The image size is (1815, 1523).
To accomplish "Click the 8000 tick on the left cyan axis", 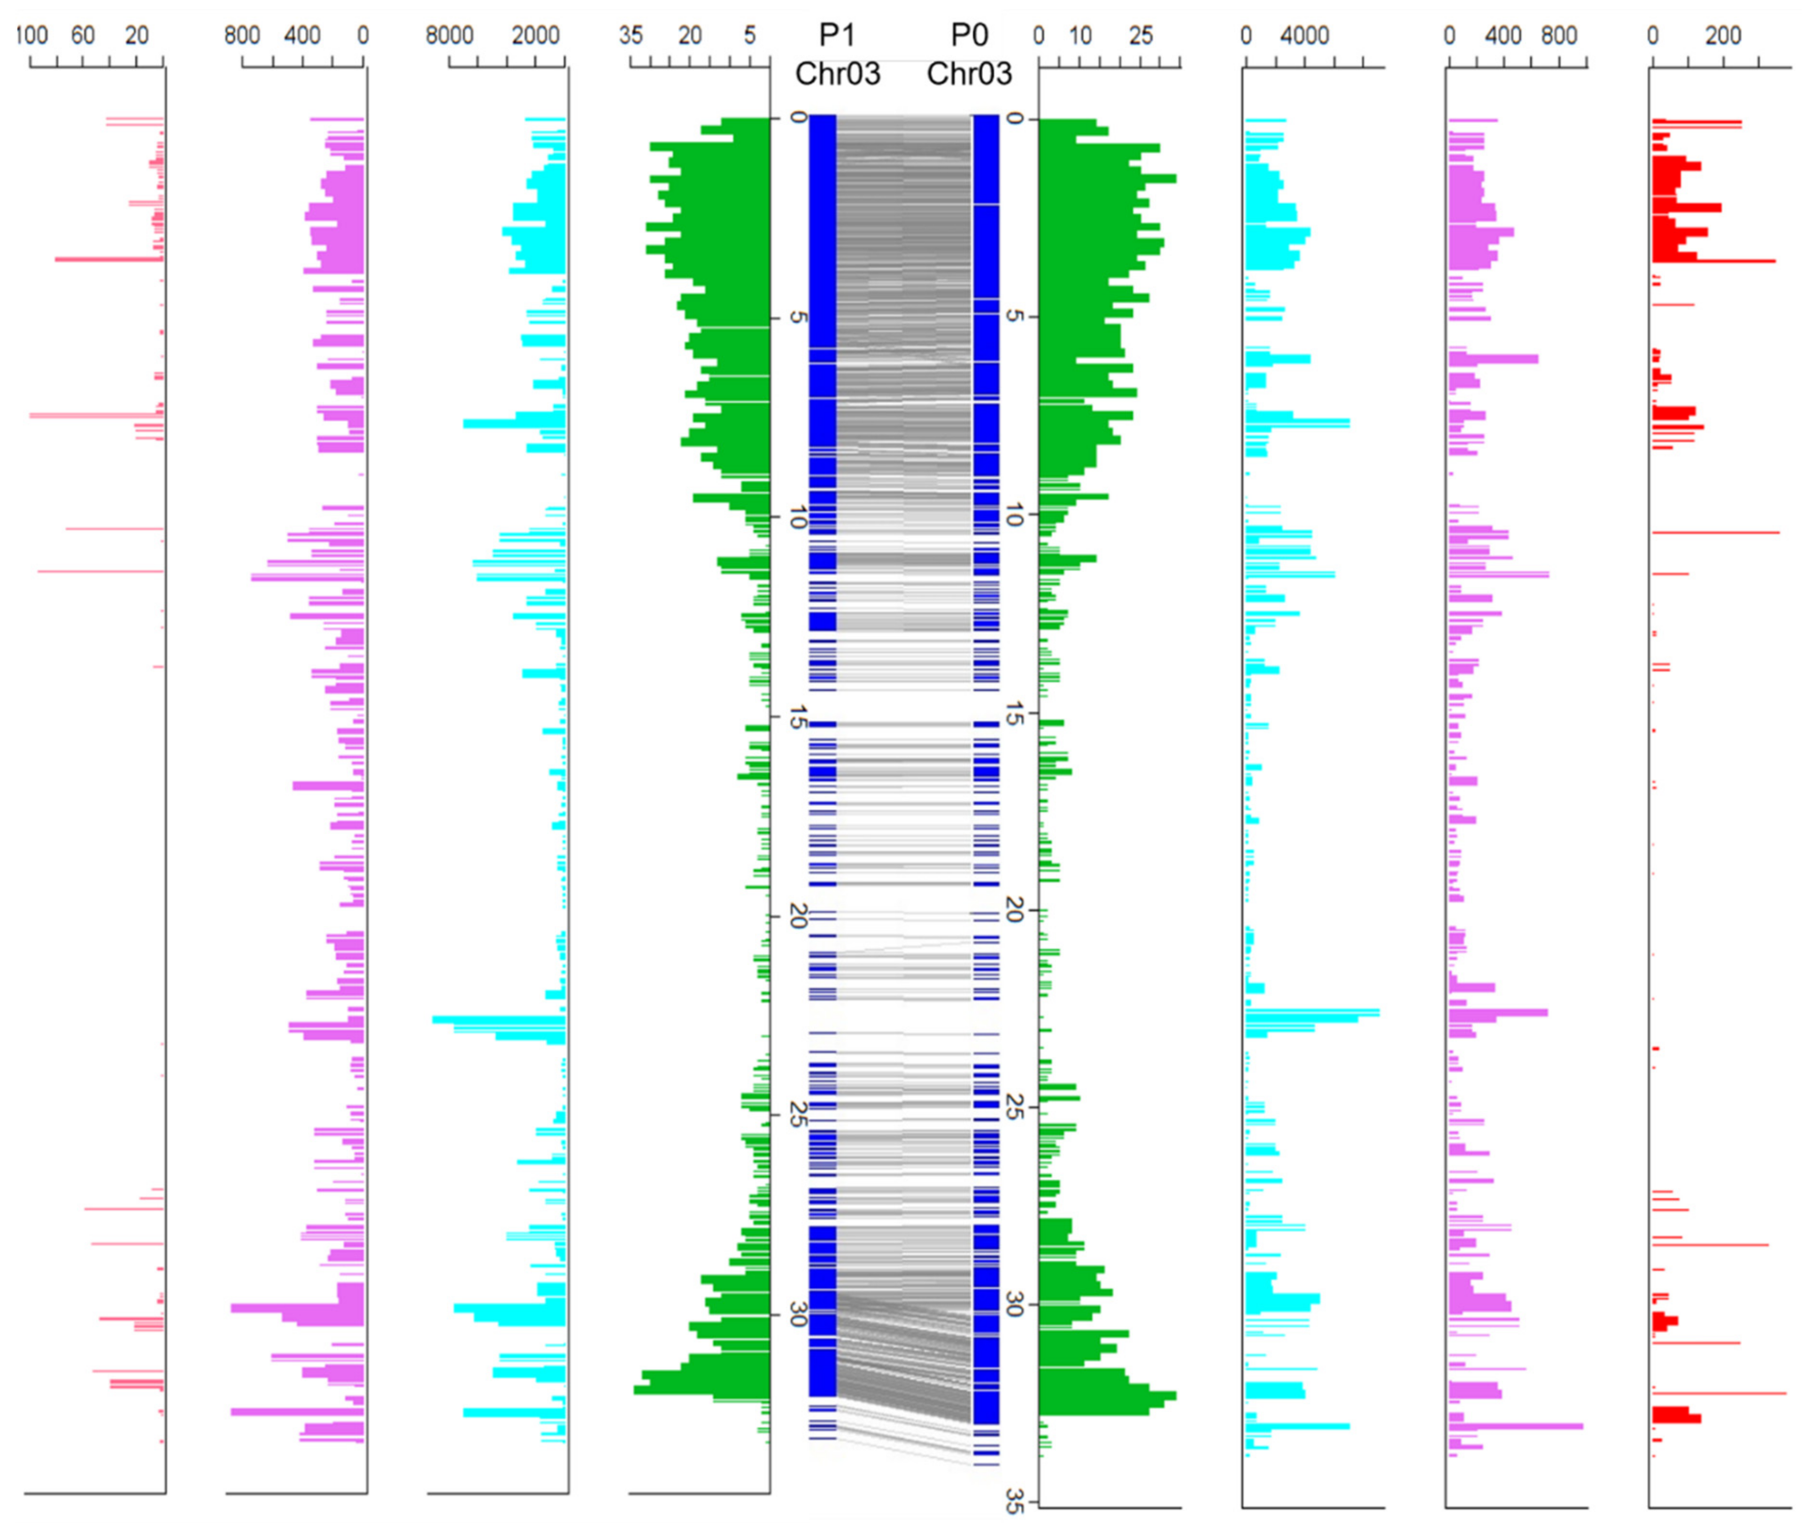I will point(449,36).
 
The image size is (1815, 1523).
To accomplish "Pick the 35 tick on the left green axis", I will point(631,36).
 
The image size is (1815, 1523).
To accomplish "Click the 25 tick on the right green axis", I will point(1141,36).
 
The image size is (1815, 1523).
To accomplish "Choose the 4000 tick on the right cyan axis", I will point(1304,36).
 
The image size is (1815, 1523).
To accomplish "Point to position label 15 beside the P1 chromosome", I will point(797,717).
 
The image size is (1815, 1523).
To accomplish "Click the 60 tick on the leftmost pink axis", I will point(83,36).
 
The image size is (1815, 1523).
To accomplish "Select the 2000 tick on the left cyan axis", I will point(536,36).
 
